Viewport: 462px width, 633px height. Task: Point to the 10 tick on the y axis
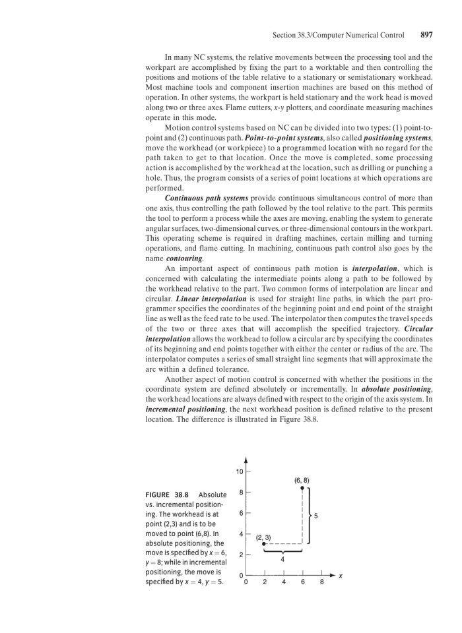click(x=240, y=472)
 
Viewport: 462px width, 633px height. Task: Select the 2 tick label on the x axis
click(x=264, y=582)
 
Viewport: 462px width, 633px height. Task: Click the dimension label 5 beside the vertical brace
click(x=316, y=516)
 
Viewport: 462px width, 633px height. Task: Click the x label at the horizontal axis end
click(x=341, y=575)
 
